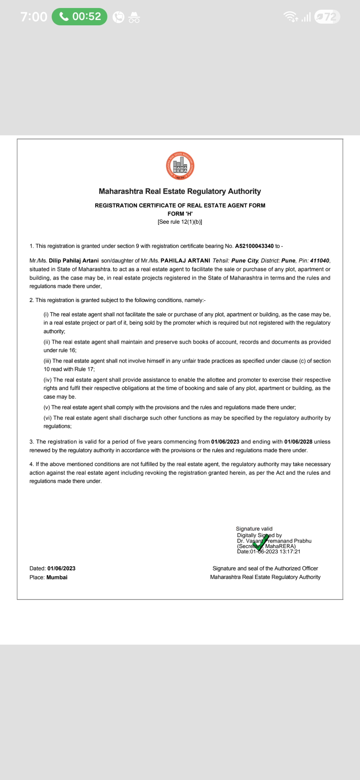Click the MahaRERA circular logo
[x=180, y=166]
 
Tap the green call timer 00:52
[x=80, y=16]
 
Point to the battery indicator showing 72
[x=327, y=17]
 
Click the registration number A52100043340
[x=254, y=246]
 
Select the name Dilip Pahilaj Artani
[x=74, y=261]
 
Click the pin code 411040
[x=319, y=261]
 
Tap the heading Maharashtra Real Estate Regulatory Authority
[x=180, y=191]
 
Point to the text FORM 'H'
[x=180, y=214]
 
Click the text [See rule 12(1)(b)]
[x=180, y=222]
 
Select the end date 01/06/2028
[x=298, y=442]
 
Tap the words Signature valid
[x=254, y=529]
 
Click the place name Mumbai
[x=57, y=577]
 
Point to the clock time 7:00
[x=34, y=17]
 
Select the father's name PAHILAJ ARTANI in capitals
[x=185, y=261]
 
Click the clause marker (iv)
[x=48, y=380]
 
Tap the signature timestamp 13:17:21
[x=290, y=552]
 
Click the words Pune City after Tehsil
[x=245, y=261]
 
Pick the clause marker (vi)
[x=48, y=418]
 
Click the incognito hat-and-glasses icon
[x=134, y=17]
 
